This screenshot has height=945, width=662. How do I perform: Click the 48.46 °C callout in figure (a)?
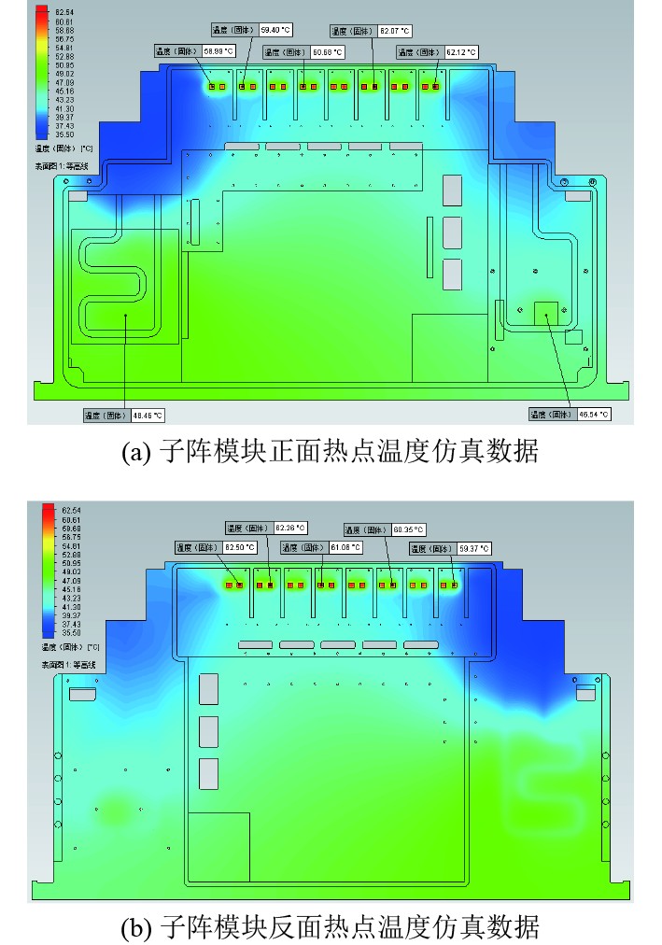[148, 415]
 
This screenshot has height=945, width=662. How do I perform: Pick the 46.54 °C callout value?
[592, 414]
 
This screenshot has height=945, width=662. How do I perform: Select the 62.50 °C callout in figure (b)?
[237, 547]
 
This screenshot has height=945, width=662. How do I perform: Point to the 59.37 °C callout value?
[472, 547]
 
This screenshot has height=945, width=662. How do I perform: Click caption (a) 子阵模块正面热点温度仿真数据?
[330, 452]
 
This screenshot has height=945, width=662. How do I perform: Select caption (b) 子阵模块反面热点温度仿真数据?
[330, 928]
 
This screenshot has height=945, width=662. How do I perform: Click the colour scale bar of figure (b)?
[48, 570]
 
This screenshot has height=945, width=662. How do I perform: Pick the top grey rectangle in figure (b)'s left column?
[208, 688]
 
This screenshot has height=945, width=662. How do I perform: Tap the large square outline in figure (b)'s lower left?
[218, 846]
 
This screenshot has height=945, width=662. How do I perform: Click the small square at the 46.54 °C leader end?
[544, 313]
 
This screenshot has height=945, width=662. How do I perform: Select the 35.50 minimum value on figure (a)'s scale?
[64, 134]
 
